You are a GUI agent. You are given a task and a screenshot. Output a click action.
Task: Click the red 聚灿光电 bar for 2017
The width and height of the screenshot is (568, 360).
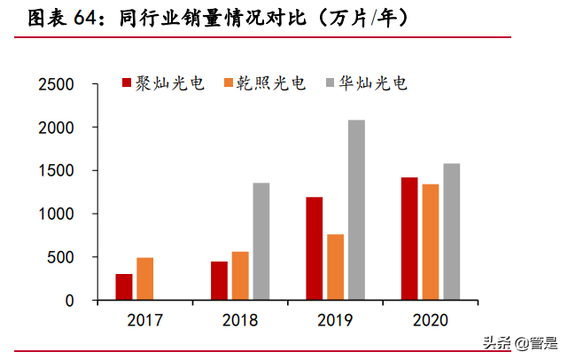[x=124, y=287]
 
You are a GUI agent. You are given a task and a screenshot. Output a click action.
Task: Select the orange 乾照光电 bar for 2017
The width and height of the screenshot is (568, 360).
[x=144, y=279]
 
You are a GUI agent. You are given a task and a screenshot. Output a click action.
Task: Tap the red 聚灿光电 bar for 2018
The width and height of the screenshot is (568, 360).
[x=219, y=281]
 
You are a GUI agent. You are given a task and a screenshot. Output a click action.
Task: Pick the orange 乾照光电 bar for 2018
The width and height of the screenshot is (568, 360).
[x=240, y=276]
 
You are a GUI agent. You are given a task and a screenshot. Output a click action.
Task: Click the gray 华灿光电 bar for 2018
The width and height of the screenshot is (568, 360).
[x=261, y=241]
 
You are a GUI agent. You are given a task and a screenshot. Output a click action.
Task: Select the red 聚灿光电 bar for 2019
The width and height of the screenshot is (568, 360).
[x=315, y=248]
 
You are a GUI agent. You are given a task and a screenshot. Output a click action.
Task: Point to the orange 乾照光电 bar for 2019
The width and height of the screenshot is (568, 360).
[x=335, y=267]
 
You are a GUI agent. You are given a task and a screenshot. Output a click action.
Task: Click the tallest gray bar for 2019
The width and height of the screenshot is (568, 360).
[x=356, y=210]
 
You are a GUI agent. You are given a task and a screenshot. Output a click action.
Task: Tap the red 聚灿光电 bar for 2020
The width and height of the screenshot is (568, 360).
[x=409, y=239]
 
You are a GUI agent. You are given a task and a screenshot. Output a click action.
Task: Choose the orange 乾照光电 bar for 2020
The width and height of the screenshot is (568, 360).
[x=431, y=242]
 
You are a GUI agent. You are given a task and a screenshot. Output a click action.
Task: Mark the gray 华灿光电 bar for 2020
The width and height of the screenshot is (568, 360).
[x=451, y=231]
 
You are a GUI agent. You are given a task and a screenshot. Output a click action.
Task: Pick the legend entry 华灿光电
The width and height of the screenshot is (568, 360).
[x=372, y=83]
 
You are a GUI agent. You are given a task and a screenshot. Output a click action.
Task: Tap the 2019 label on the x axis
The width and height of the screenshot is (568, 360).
[x=335, y=319]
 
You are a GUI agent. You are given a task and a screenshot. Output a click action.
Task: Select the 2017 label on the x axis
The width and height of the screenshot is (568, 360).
[x=144, y=319]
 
